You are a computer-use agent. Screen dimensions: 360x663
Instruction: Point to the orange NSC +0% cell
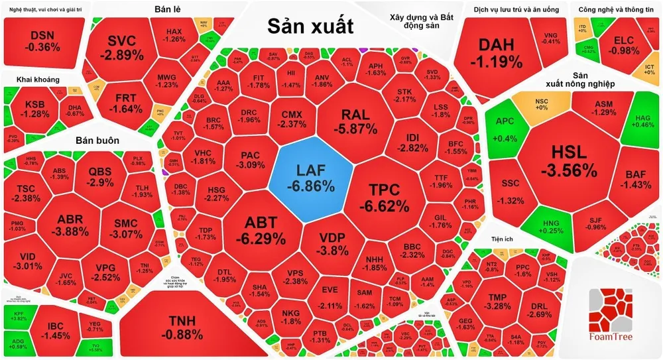541,105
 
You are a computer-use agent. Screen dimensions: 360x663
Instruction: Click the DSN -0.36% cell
42,41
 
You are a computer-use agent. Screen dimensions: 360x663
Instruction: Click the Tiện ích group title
505,238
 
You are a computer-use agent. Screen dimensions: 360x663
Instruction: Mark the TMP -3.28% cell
497,301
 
